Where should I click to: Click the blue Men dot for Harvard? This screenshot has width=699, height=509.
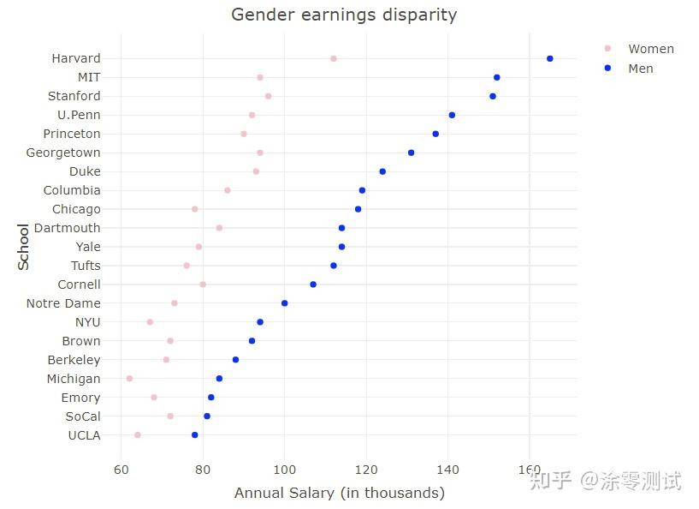549,58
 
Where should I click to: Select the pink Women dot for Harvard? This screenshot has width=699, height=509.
333,58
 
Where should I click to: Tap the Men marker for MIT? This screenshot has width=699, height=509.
496,77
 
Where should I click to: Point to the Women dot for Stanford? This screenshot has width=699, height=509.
268,96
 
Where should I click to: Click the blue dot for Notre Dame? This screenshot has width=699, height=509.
284,303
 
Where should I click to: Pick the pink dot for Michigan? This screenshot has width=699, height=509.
129,379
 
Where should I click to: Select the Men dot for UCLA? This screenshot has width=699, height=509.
194,435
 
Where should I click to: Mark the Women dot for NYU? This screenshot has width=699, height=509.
150,322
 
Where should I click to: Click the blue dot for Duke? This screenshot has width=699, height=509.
382,171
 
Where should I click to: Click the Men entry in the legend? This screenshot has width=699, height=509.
640,69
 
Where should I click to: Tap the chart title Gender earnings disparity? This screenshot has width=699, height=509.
344,15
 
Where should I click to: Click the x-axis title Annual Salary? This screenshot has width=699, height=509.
339,493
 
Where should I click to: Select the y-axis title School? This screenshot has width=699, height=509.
23,247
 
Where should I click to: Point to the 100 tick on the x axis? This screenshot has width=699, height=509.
284,469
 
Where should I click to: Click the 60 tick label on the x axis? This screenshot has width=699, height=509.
121,469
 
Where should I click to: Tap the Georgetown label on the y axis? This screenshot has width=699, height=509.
62,153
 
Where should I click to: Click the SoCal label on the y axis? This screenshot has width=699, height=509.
82,416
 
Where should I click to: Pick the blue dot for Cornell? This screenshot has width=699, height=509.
312,284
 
